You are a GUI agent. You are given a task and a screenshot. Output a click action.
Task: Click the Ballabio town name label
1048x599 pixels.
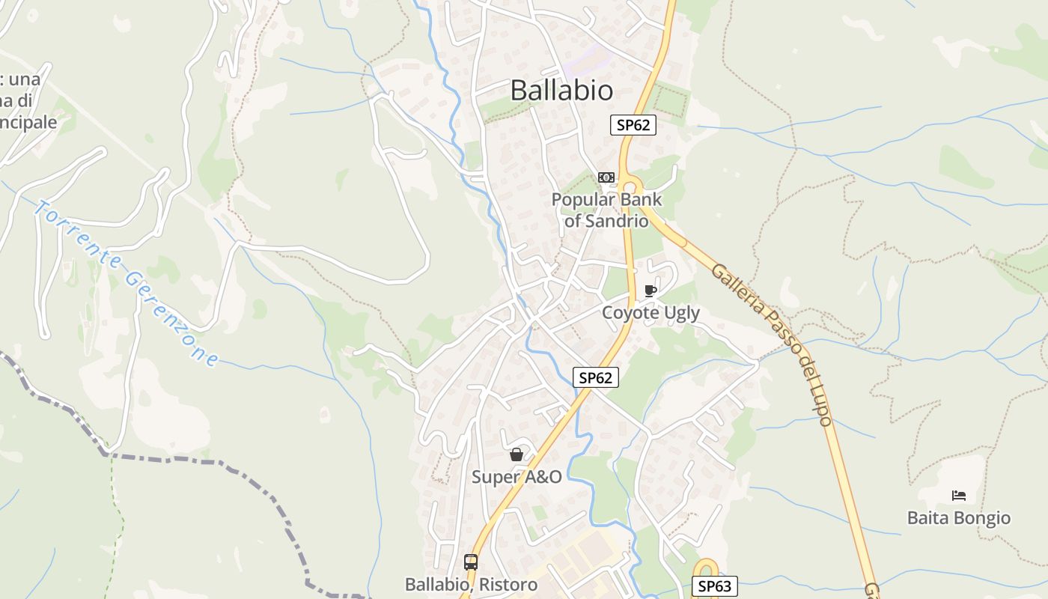(561, 90)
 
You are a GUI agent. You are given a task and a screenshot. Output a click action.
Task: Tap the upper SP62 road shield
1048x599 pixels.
(633, 125)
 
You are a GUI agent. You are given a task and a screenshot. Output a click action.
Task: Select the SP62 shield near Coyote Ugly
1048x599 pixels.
(596, 378)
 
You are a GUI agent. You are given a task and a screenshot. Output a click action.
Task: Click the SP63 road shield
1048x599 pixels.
(714, 586)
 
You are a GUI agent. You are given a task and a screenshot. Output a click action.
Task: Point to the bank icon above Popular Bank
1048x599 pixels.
(606, 177)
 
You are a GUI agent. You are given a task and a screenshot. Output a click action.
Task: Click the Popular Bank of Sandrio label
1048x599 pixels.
(606, 210)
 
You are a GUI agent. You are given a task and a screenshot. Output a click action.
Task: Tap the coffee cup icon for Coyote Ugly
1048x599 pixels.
(650, 291)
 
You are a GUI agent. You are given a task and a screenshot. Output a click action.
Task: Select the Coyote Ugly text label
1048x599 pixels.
(651, 312)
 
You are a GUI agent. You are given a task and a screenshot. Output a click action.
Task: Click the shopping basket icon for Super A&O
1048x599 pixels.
(516, 454)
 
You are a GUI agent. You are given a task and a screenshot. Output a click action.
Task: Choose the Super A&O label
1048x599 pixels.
(517, 476)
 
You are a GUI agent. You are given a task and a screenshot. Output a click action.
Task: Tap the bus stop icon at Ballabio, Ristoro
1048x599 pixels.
(471, 562)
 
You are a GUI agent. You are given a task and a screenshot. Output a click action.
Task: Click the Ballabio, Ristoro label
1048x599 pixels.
(471, 584)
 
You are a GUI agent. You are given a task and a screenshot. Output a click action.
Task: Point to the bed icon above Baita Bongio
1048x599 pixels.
(958, 496)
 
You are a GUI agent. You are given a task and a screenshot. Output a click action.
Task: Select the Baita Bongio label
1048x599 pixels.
(958, 517)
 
